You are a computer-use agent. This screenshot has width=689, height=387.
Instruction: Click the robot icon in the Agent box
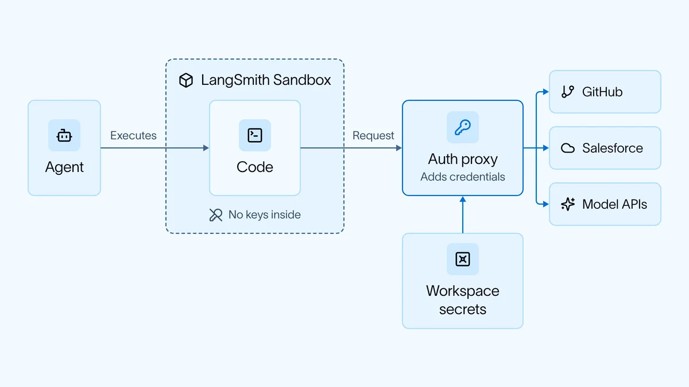[x=64, y=135]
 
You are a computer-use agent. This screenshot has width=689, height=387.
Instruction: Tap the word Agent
[x=64, y=167]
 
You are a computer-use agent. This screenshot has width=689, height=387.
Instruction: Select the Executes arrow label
[x=133, y=135]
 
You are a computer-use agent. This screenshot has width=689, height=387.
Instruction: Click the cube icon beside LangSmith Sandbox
[x=186, y=80]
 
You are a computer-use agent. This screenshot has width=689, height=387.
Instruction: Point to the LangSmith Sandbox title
[x=266, y=80]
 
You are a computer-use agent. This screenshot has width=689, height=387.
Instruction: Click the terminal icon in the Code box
[x=255, y=135]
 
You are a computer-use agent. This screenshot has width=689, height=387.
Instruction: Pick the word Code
[x=255, y=167]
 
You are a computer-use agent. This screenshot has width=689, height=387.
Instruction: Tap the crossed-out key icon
[x=216, y=214]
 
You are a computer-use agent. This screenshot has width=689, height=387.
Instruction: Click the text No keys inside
[x=265, y=214]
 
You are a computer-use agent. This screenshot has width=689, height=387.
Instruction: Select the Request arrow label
[x=373, y=135]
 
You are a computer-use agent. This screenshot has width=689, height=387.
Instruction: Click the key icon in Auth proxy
[x=463, y=127]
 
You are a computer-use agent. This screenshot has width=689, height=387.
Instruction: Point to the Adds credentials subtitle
[x=463, y=177]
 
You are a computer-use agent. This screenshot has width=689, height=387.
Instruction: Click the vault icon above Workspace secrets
[x=463, y=259]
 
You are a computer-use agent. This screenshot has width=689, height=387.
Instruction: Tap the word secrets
[x=463, y=309]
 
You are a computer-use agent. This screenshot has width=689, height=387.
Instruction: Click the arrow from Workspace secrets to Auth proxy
[x=463, y=215]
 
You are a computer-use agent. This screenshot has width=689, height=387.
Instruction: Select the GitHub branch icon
[x=568, y=92]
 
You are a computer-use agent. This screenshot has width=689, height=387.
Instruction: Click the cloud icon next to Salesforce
[x=568, y=148]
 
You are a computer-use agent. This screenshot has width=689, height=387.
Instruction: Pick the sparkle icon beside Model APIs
[x=568, y=204]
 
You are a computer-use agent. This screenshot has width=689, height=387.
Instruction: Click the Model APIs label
[x=614, y=204]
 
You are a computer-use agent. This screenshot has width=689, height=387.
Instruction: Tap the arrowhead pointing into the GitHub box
[x=546, y=92]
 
